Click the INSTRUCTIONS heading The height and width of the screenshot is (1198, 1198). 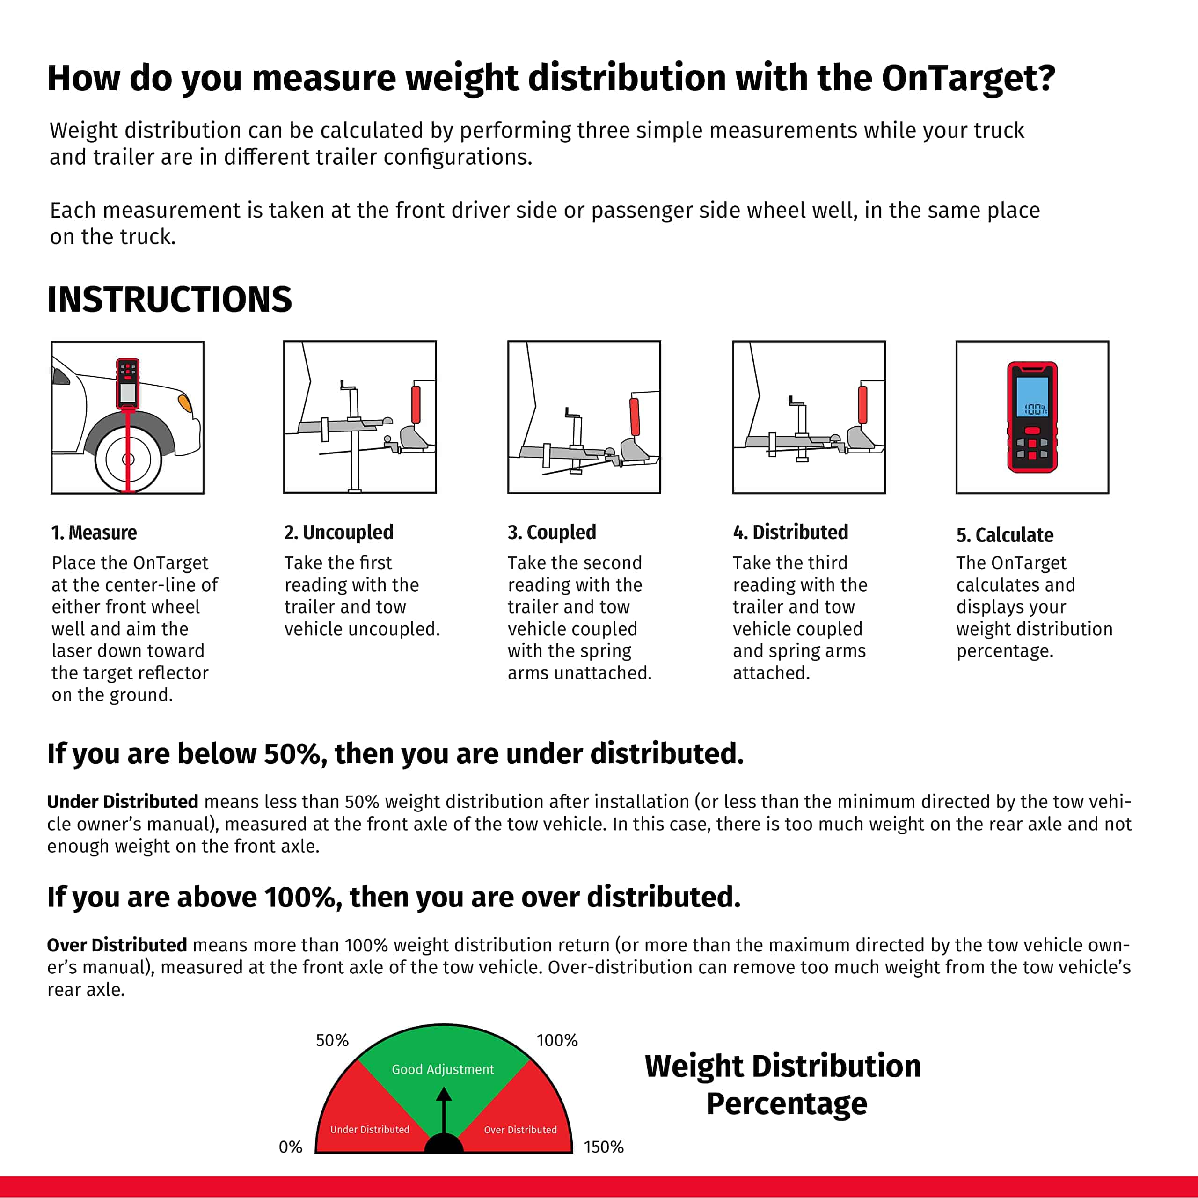[169, 299]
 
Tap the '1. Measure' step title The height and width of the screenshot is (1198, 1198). [94, 533]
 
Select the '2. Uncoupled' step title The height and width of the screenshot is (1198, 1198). [338, 532]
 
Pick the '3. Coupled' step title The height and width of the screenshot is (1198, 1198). [551, 532]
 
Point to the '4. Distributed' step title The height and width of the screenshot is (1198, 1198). [790, 532]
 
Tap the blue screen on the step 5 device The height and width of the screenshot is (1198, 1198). [1032, 397]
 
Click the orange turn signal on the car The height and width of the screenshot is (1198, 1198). [184, 403]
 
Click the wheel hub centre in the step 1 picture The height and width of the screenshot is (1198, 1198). [128, 460]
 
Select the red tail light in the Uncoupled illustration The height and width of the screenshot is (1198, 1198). [416, 404]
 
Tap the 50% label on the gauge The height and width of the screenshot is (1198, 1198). [332, 1040]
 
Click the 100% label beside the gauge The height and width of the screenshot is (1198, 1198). [556, 1040]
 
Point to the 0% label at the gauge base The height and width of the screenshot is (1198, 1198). [290, 1147]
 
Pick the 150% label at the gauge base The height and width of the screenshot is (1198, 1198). [603, 1147]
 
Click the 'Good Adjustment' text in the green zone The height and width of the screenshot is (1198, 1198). [443, 1069]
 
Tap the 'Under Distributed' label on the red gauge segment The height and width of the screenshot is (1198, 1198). [370, 1129]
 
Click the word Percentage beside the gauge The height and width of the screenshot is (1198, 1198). [786, 1104]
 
